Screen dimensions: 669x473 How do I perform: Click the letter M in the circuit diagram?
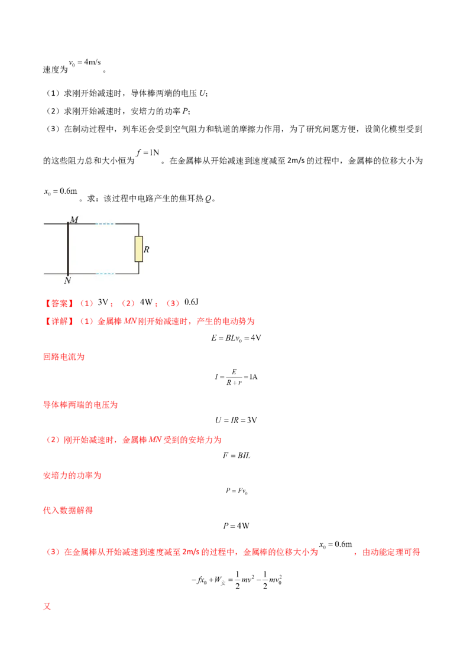[74, 220]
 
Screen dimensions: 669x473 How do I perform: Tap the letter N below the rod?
[67, 281]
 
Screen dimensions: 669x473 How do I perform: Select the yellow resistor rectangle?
[139, 249]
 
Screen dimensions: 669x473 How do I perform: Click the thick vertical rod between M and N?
[68, 249]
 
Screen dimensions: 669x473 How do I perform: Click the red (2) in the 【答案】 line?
[128, 303]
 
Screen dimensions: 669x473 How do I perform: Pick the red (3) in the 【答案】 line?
[173, 303]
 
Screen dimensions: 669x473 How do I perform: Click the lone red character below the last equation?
[47, 607]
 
